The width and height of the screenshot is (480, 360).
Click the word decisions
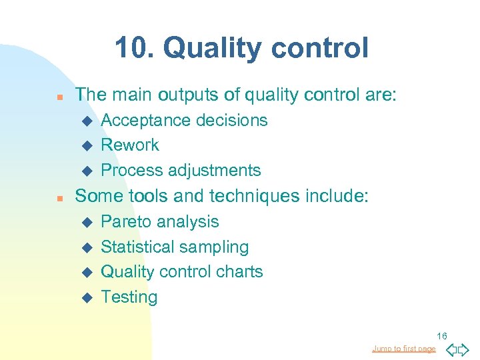230,120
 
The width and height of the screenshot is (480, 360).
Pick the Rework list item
129,145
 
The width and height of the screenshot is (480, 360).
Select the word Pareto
125,221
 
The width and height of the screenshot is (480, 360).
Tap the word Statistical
135,247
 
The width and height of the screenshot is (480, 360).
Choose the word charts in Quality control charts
240,271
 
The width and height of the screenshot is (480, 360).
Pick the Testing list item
129,297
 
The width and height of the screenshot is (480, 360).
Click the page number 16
442,336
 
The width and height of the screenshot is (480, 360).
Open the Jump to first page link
404,349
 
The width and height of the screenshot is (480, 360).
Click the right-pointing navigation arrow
464,349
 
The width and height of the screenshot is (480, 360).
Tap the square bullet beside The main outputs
59,96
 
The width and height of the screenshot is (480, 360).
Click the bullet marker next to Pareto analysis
85,222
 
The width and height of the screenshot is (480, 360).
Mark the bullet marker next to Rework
85,145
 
